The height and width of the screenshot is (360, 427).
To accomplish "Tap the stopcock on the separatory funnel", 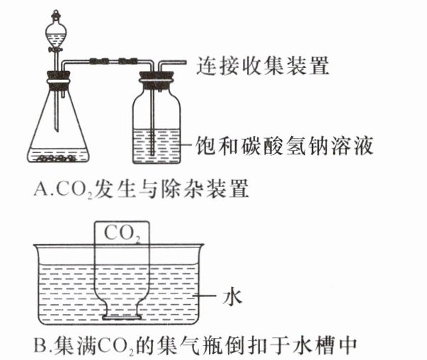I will pos(55,52).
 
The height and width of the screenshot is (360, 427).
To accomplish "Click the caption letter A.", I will pos(40,191).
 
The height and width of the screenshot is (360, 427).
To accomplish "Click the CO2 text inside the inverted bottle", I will pos(122,232).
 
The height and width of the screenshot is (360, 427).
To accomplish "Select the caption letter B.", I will pos(40,347).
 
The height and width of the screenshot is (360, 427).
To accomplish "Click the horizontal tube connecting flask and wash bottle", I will pos(106,62).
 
